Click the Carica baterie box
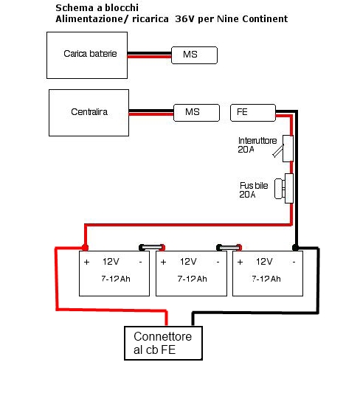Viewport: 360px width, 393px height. point(87,55)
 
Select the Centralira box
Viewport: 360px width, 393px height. point(89,113)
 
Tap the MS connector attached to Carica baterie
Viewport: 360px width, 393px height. point(194,55)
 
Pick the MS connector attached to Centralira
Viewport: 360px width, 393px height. point(196,113)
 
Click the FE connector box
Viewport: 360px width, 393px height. point(253,113)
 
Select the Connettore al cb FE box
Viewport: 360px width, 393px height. point(163,343)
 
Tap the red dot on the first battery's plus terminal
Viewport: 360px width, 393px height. point(86,248)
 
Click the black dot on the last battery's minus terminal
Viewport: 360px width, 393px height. point(296,248)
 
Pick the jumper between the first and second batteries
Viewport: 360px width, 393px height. point(152,248)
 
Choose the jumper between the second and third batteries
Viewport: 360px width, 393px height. point(229,248)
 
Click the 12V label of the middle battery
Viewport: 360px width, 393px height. point(188,262)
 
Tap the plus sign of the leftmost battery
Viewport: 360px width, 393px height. point(87,262)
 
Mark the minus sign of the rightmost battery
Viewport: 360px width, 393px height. point(294,262)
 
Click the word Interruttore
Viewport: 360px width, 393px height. point(257,141)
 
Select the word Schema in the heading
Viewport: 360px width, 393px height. point(75,8)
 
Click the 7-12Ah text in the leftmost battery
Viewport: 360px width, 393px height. point(116,279)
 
